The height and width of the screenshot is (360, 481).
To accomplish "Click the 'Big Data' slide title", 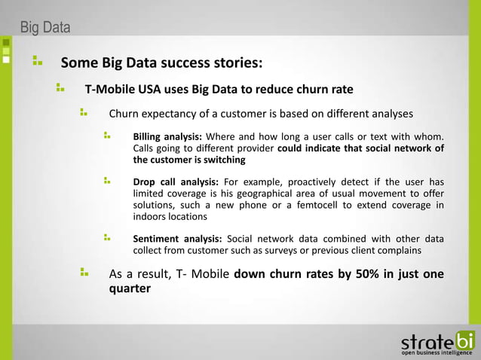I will point(45,29).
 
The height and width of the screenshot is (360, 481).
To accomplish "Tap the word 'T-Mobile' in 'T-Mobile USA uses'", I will point(109,89).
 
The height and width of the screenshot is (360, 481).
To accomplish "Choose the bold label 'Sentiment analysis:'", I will point(177,239).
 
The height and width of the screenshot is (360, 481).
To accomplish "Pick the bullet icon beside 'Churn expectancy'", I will point(84,114).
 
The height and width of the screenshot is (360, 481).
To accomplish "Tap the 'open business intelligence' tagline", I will point(437,352).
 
